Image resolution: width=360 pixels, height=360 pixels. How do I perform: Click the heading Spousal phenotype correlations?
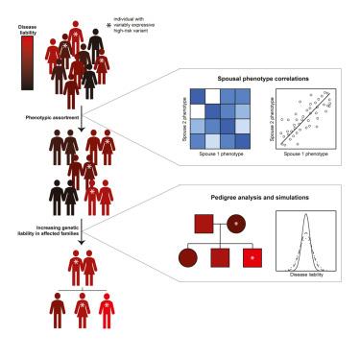(263, 79)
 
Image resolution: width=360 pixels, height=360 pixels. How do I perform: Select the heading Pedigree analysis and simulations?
(259, 198)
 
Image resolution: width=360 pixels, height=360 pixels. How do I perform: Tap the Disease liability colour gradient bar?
(27, 62)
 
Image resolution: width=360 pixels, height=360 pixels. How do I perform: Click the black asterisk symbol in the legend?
(108, 25)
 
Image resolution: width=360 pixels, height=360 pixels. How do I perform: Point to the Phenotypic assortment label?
(52, 118)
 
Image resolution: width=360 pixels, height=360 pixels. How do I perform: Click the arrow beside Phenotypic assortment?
(82, 119)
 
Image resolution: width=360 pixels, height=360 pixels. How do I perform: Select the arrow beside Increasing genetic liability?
(82, 232)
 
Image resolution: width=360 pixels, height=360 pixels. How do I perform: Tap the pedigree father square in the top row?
(204, 224)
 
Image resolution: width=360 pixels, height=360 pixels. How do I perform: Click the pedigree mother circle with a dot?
(236, 224)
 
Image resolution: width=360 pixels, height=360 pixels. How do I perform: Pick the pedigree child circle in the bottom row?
(188, 258)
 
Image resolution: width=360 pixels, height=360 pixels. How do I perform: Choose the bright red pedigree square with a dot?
(252, 258)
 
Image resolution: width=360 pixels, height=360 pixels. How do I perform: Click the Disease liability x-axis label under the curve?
(306, 275)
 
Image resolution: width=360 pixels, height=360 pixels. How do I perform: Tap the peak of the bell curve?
(306, 214)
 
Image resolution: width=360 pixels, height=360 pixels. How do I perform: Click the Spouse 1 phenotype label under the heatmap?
(221, 154)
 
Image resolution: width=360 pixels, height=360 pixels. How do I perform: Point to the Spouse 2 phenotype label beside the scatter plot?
(272, 119)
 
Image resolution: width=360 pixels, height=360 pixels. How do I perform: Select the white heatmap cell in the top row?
(212, 97)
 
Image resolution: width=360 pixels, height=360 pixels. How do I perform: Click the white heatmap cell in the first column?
(198, 111)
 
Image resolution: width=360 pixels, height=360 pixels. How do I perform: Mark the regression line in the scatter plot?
(304, 118)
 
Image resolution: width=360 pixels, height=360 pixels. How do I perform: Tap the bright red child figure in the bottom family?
(107, 311)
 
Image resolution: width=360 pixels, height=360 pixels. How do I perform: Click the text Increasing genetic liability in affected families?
(48, 230)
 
